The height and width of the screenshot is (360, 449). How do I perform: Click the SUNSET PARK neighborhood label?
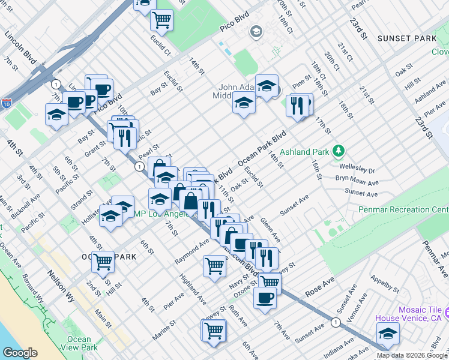407,38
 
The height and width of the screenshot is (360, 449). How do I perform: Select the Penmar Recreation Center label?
403,209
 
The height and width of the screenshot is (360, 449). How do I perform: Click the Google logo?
20,352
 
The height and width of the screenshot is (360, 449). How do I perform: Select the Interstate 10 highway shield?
8,103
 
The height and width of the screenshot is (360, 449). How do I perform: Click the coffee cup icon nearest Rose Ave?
265,298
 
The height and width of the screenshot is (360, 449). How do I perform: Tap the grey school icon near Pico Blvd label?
256,31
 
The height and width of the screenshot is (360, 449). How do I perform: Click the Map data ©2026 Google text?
412,355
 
